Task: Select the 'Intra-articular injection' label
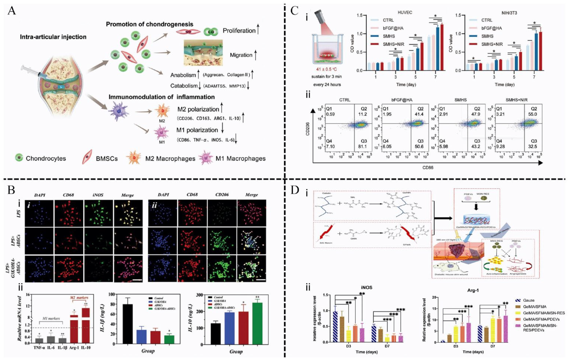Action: (53, 37)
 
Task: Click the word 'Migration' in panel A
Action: (241, 55)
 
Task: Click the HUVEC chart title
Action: (405, 13)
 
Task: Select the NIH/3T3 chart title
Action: (509, 13)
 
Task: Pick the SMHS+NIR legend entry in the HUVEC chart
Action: (393, 44)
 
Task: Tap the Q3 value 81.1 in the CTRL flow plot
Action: (362, 146)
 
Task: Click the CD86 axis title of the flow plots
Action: (427, 168)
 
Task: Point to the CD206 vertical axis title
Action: (307, 128)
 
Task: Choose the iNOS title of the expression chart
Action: (366, 287)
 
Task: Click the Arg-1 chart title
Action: (473, 290)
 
